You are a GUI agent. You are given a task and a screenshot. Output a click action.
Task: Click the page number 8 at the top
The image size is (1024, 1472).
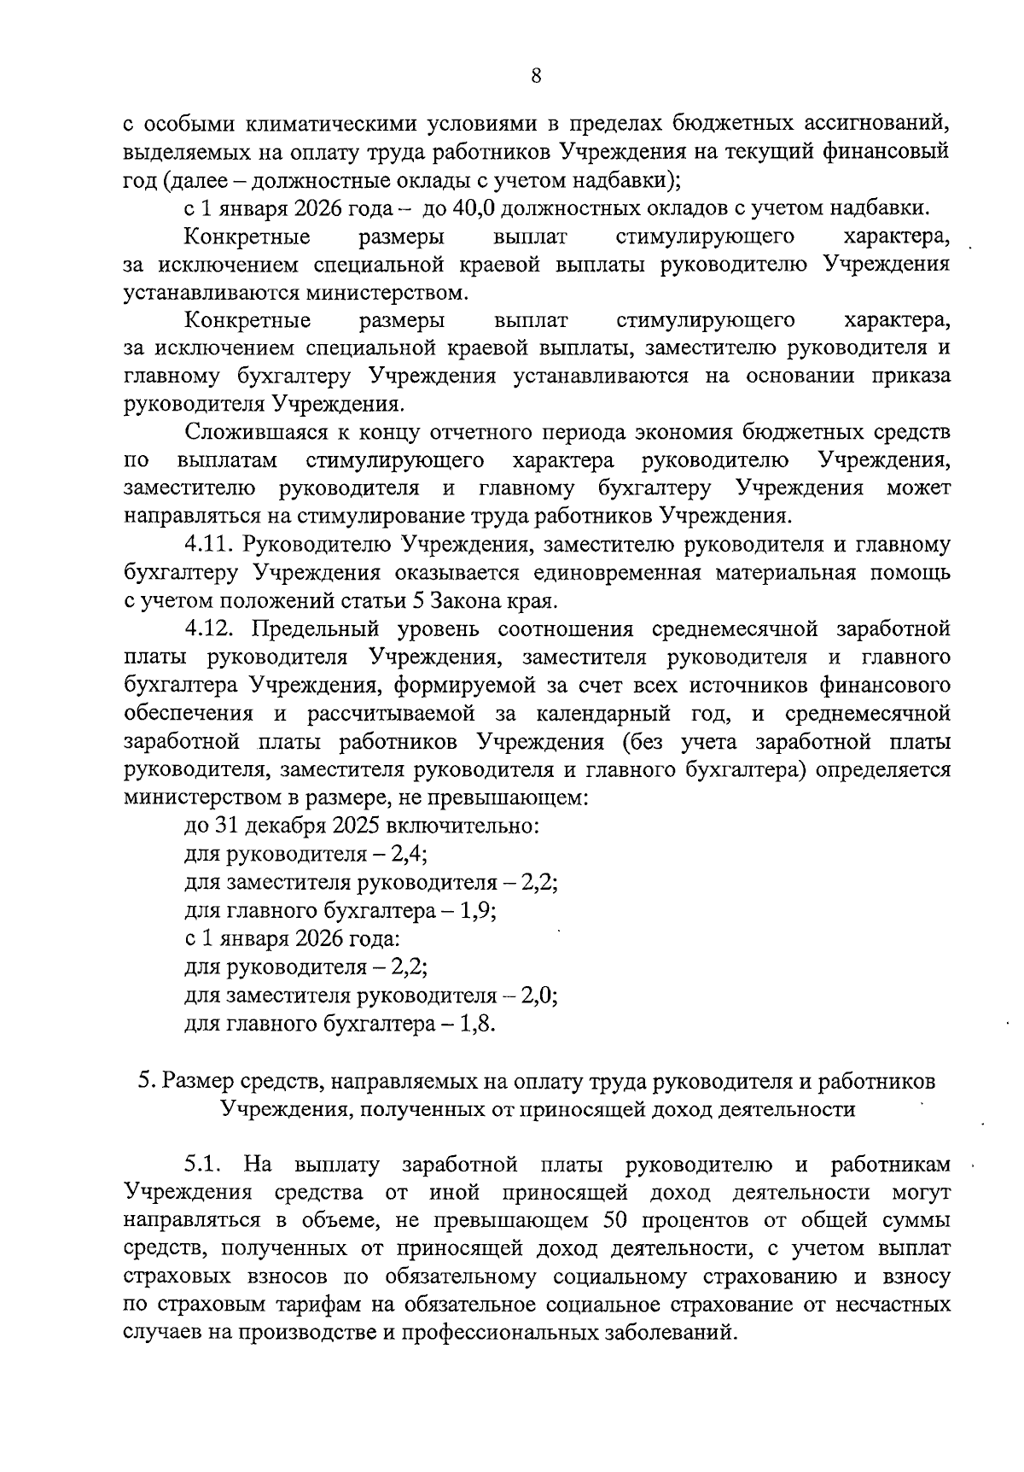pyautogui.click(x=535, y=76)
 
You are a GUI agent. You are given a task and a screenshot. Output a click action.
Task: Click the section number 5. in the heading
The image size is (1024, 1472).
pyautogui.click(x=146, y=1081)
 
